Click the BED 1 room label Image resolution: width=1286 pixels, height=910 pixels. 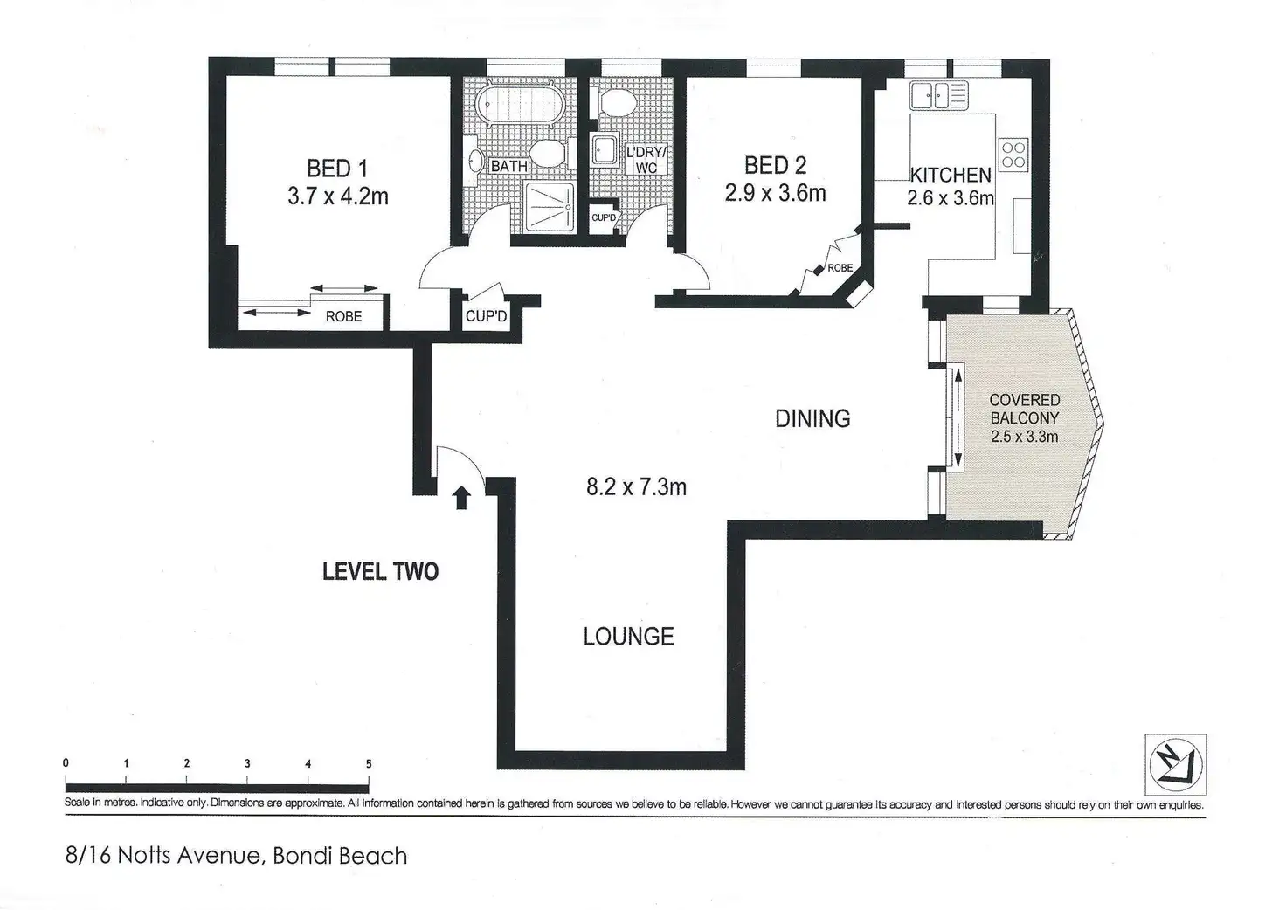click(x=337, y=169)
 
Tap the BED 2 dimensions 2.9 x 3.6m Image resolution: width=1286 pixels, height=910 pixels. click(x=775, y=193)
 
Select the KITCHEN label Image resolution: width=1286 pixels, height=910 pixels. click(x=951, y=175)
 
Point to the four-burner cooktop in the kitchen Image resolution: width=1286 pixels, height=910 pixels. click(x=1013, y=155)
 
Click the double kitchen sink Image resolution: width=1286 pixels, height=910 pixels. click(x=938, y=95)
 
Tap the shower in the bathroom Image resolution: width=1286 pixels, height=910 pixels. click(x=549, y=206)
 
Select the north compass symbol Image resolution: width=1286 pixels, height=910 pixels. click(x=1176, y=765)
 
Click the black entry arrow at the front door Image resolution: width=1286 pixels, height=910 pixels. click(x=461, y=498)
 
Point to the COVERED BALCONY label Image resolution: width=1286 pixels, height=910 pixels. click(x=1025, y=409)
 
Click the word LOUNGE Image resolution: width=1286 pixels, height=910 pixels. click(x=629, y=637)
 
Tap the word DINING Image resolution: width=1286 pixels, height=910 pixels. click(x=812, y=419)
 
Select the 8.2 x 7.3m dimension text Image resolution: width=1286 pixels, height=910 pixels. click(x=636, y=487)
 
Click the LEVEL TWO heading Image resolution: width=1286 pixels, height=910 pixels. click(x=380, y=571)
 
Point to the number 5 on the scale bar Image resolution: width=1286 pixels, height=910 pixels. click(x=369, y=763)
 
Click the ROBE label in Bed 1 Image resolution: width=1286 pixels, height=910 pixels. click(x=343, y=317)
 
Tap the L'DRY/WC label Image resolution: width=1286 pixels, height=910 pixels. click(x=646, y=160)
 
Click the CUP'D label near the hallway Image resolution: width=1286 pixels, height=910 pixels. click(x=486, y=316)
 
